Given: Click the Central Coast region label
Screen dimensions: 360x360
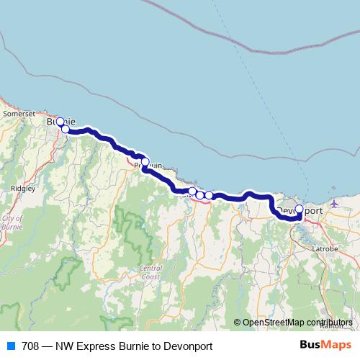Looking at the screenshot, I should tap(150, 271).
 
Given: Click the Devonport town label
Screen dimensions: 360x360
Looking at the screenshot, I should tap(300, 210).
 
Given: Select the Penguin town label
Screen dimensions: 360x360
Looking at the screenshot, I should tap(149, 165).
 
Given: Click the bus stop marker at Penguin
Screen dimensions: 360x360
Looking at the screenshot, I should tap(145, 162).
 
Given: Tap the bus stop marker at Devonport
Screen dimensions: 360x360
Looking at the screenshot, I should tap(300, 210).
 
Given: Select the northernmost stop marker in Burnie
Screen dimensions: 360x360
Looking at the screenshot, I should tap(60, 122).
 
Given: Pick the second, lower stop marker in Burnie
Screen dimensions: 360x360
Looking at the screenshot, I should tap(66, 129).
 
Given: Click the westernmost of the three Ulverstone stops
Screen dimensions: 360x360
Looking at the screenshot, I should tap(192, 192).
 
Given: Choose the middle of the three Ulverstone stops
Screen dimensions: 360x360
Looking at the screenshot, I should tap(200, 195).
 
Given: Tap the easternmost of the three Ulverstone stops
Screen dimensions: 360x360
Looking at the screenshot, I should tap(209, 195).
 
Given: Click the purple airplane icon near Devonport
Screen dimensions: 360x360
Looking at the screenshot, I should tap(334, 204).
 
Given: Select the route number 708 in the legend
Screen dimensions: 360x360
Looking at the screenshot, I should tap(30, 346).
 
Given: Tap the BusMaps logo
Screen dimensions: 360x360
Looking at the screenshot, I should tap(325, 346).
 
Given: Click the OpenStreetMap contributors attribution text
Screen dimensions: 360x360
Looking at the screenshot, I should tap(297, 323).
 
